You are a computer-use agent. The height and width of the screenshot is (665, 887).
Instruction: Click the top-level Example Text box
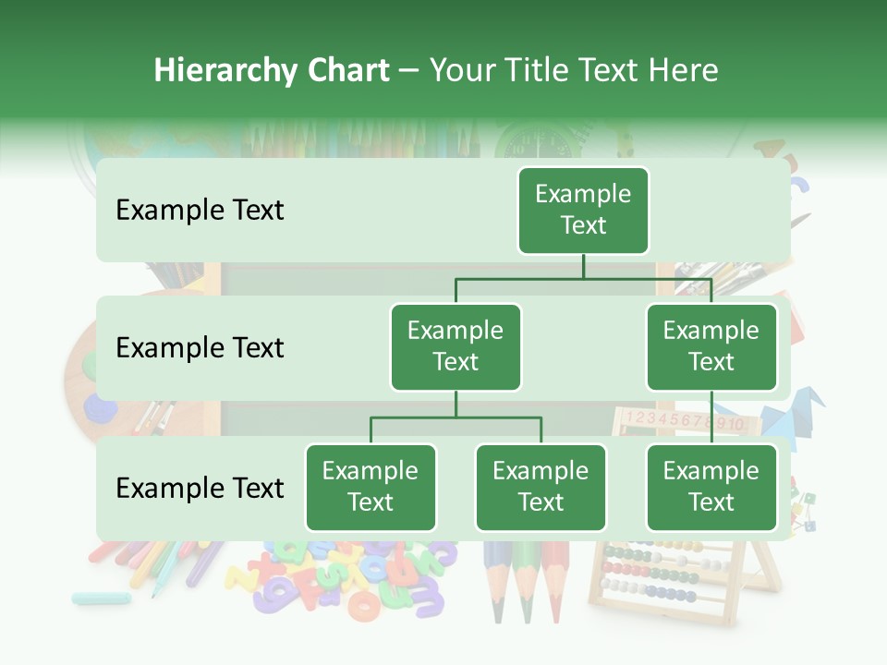[x=583, y=211]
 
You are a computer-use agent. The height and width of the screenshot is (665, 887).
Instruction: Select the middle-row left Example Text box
[x=456, y=347]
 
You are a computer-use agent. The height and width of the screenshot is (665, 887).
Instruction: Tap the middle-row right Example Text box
[x=711, y=347]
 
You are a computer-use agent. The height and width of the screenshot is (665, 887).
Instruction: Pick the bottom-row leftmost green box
[x=371, y=488]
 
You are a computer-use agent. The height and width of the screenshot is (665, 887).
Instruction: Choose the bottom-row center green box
[x=541, y=488]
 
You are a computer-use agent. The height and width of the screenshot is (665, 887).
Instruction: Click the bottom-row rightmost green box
[x=711, y=488]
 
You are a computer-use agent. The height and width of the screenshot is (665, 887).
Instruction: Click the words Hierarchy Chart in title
[x=272, y=70]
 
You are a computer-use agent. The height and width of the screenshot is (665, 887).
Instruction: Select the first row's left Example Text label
[x=200, y=211]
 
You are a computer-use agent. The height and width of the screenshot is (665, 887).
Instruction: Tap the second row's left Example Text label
[x=200, y=348]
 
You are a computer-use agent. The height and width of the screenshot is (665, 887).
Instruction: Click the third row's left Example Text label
[x=200, y=488]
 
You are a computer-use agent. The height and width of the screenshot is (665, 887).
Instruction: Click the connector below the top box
[x=583, y=267]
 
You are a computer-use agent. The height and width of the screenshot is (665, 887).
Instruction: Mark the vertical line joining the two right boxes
[x=711, y=417]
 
